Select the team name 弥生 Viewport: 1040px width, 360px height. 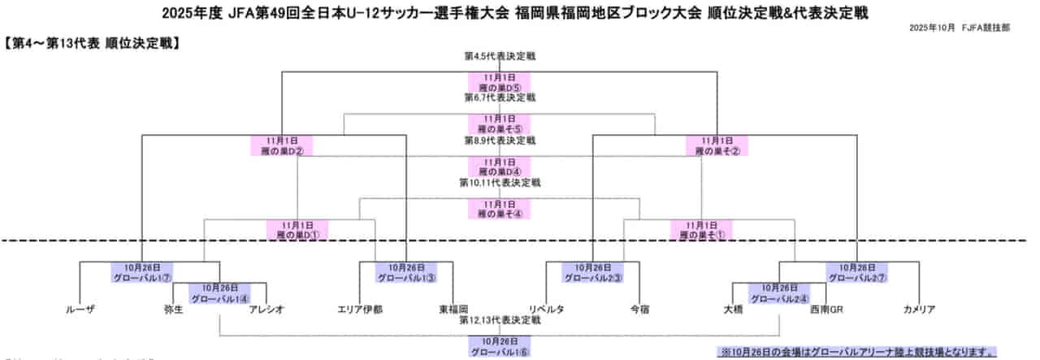click(172, 310)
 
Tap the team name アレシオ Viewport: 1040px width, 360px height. click(266, 310)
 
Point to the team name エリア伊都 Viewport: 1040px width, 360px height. click(360, 310)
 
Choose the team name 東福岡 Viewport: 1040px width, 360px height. click(453, 310)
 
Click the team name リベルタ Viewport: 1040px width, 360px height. click(546, 310)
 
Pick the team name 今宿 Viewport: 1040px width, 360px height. click(639, 310)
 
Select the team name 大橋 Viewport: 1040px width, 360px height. click(733, 310)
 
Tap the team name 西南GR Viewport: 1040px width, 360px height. click(826, 310)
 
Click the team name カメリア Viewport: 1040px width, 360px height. click(919, 310)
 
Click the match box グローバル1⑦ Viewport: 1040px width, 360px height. click(142, 272)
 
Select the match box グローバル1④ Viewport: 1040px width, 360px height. click(219, 293)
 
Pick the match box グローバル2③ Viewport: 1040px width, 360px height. click(593, 272)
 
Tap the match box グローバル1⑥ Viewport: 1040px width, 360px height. click(500, 347)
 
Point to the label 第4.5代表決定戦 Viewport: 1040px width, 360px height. click(500, 57)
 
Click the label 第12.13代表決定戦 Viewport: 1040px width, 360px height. click(500, 321)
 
